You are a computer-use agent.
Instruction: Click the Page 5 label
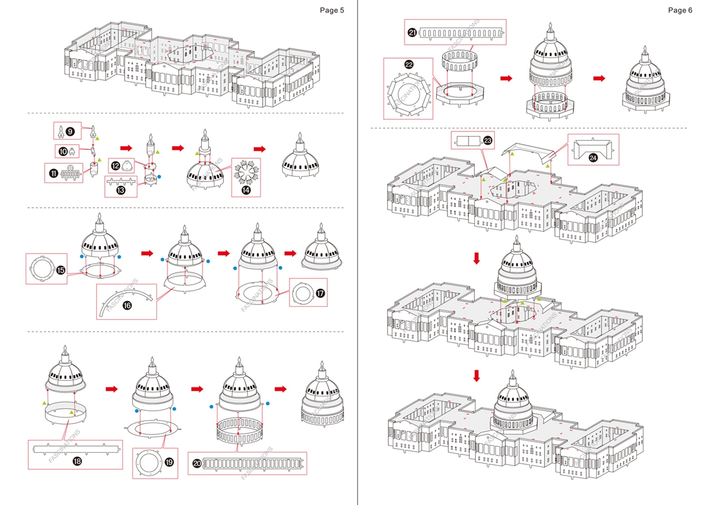[332, 10]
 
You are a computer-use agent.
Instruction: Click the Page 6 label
[680, 10]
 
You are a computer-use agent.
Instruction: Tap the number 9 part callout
[70, 132]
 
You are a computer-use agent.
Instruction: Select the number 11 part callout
[54, 174]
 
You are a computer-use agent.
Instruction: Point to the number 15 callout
[60, 270]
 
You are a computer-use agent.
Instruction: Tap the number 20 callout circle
[197, 463]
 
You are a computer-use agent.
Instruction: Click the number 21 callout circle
[412, 33]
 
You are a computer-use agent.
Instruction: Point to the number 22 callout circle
[409, 64]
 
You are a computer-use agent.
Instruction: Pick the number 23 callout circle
[488, 141]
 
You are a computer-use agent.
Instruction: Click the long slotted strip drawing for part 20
[254, 463]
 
